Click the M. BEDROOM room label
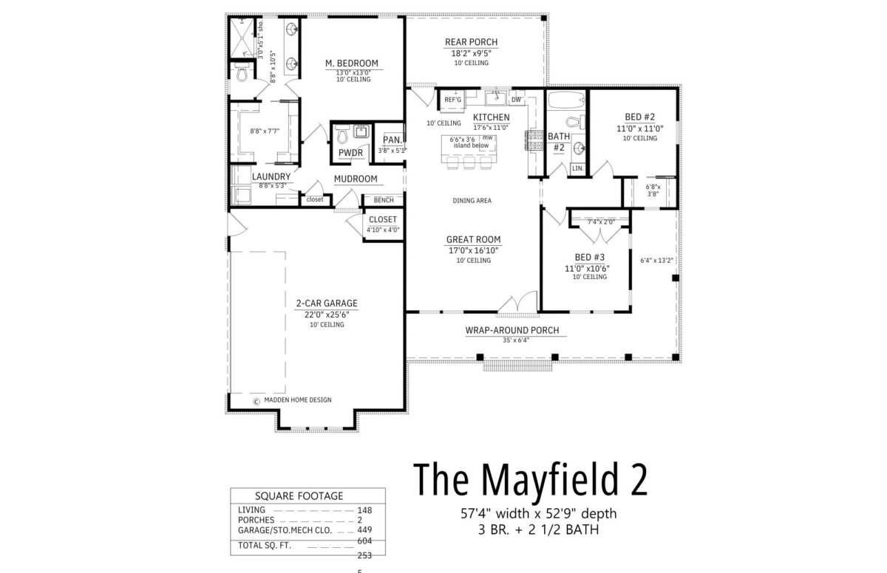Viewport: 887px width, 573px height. coord(352,64)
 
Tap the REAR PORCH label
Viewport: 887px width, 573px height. coord(472,42)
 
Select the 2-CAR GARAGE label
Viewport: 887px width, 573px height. coord(327,303)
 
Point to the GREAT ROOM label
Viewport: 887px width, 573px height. coord(473,239)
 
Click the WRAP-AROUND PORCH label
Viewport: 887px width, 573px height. coord(512,330)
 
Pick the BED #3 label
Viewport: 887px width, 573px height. coord(590,257)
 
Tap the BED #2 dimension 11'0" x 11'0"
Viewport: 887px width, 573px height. coord(639,128)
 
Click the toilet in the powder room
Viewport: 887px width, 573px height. coord(342,135)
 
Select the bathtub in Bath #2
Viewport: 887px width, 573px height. coord(566,100)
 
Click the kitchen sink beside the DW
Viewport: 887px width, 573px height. coord(496,98)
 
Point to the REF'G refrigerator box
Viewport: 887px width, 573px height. coord(452,100)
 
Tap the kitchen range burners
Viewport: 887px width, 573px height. coord(534,140)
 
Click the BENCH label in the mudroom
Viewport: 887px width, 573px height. coord(384,200)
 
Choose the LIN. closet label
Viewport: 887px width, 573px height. coord(578,168)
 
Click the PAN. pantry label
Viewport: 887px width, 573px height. coord(392,140)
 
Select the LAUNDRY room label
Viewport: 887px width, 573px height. coord(271,176)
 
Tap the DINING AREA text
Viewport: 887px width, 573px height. coord(472,201)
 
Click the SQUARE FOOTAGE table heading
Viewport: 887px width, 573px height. coord(299,496)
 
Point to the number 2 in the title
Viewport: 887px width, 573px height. coord(639,479)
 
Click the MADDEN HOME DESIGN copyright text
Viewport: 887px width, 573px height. coord(298,399)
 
